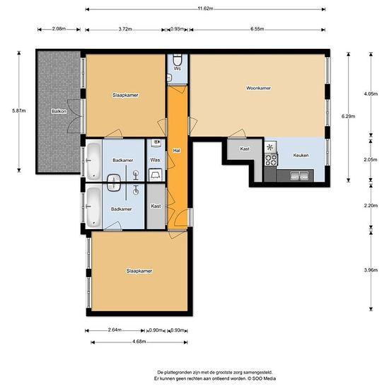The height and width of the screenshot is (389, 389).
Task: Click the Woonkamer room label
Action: point(258,88)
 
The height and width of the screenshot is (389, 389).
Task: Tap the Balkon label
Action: point(59,111)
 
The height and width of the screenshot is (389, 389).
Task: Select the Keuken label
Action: point(301,156)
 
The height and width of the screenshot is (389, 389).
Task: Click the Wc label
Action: point(177,69)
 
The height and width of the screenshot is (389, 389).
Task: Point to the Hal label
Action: point(176,151)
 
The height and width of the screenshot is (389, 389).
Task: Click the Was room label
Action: point(155,160)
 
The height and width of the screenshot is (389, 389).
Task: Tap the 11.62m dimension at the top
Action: point(205,8)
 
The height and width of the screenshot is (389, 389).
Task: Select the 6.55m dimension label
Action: point(257,29)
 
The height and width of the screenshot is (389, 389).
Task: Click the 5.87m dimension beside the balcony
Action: point(19,111)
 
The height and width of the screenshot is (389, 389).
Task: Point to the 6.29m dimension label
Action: point(348,116)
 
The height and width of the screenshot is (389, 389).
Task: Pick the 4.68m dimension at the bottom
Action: point(139,342)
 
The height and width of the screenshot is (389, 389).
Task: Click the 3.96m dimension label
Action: point(371,270)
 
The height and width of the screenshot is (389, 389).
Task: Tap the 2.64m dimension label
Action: point(115,330)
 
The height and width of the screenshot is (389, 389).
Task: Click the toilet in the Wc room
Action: point(177,59)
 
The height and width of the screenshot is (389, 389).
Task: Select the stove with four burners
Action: point(271,160)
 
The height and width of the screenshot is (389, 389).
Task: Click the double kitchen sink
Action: point(299,175)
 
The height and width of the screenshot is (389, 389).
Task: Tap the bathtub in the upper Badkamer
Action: point(94,161)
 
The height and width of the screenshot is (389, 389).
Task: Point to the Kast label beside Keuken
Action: point(245,149)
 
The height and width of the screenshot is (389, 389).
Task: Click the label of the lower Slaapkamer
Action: point(139,271)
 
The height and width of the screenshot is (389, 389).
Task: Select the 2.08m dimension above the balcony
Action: point(59,28)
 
